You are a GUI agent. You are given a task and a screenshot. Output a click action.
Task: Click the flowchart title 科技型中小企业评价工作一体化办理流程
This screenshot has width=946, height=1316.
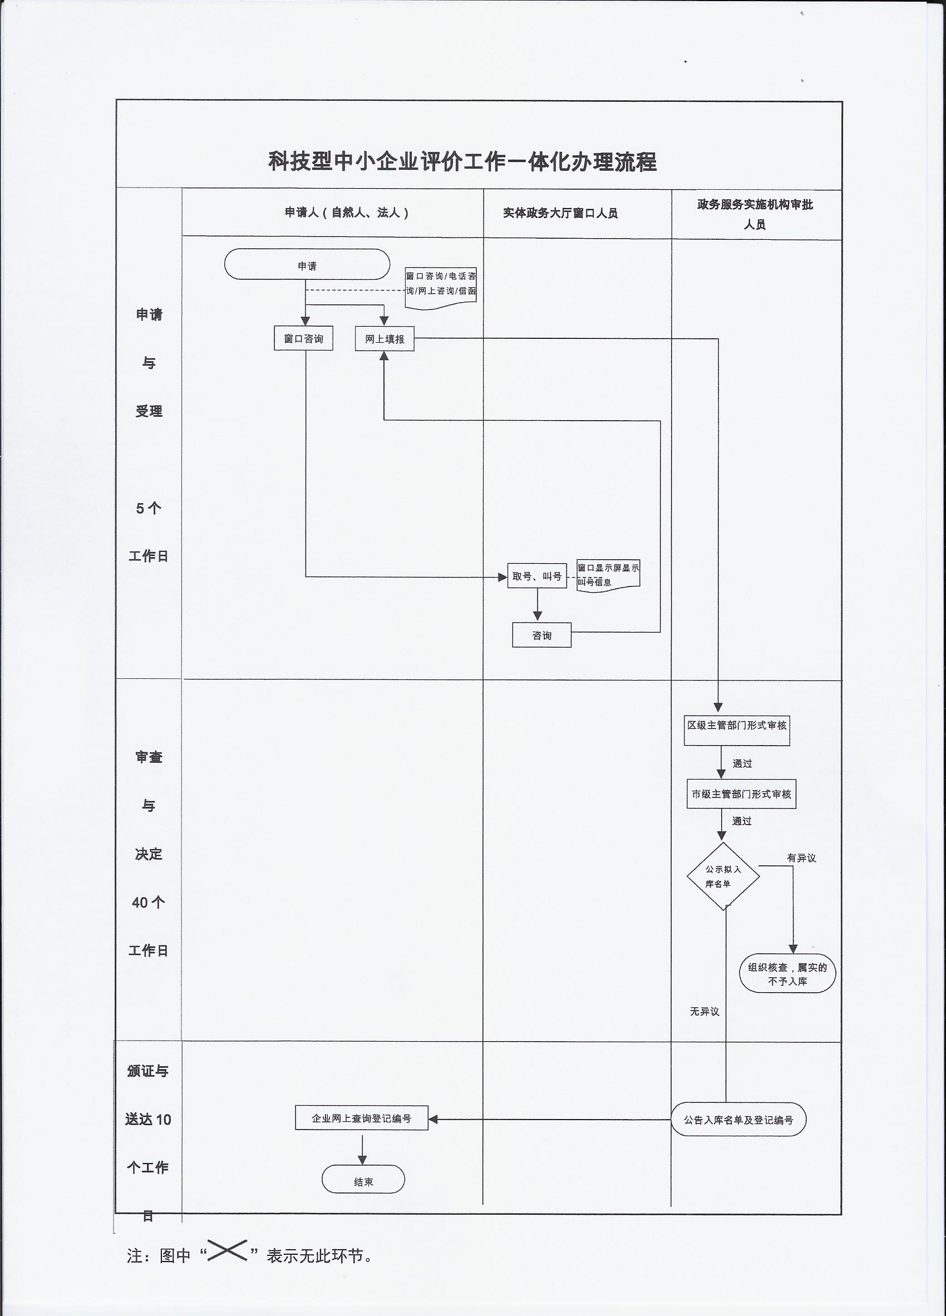pyautogui.click(x=462, y=161)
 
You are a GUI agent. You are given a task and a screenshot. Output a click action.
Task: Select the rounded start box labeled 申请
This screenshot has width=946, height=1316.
pyautogui.click(x=307, y=265)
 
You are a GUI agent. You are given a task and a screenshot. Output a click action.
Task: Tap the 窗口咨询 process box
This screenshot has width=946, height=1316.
pyautogui.click(x=303, y=339)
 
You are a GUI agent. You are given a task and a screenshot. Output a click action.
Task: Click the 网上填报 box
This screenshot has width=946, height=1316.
pyautogui.click(x=384, y=339)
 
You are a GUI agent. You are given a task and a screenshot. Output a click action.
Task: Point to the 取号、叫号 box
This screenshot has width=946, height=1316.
pyautogui.click(x=537, y=576)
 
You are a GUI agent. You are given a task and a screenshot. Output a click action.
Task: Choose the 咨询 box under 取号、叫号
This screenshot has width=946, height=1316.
pyautogui.click(x=541, y=635)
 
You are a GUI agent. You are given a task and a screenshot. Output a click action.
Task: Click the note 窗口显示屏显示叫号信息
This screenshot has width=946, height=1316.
pyautogui.click(x=608, y=575)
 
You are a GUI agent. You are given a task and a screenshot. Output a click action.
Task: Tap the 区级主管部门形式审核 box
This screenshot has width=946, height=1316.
pyautogui.click(x=736, y=726)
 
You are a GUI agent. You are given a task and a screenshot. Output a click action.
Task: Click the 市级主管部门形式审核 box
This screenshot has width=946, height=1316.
pyautogui.click(x=741, y=795)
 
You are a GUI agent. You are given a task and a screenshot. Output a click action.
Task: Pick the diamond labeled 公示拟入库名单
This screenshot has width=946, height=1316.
pyautogui.click(x=723, y=876)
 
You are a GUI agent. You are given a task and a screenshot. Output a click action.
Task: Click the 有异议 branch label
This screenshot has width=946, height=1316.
pyautogui.click(x=801, y=858)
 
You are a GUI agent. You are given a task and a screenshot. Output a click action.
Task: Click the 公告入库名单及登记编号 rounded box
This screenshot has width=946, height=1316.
pyautogui.click(x=738, y=1120)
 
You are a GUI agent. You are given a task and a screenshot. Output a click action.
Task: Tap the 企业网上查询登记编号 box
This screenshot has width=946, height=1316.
pyautogui.click(x=362, y=1118)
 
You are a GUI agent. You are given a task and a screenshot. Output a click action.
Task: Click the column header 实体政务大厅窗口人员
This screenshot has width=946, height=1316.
pyautogui.click(x=560, y=214)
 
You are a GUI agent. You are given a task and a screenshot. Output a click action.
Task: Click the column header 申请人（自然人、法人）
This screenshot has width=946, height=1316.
pyautogui.click(x=347, y=213)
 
